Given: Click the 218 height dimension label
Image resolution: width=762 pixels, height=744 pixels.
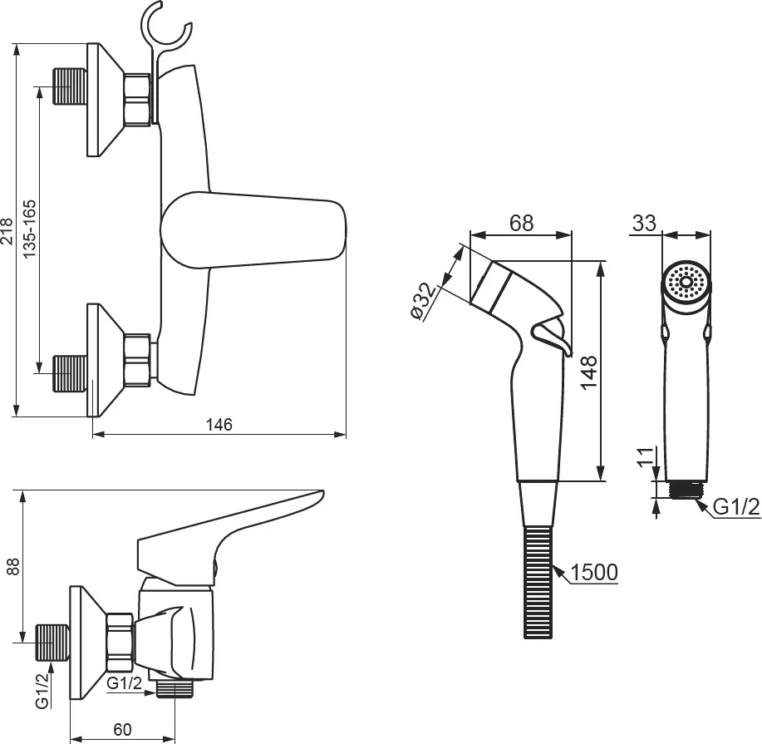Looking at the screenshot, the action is coord(7,231).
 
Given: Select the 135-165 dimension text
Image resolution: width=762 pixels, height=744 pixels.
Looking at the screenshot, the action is coord(29,229).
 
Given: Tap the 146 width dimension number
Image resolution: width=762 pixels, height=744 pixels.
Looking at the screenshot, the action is coord(219,425).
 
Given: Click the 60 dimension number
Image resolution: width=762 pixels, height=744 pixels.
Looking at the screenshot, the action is coord(122,729).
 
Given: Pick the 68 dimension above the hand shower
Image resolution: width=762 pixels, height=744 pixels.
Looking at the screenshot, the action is coord(522,223).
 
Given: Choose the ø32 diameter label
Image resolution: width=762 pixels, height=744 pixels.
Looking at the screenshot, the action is coord(424,302).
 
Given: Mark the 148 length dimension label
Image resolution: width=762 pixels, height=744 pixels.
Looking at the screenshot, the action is coord(588,372).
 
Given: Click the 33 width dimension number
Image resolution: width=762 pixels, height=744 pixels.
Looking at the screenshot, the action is coord(644,223).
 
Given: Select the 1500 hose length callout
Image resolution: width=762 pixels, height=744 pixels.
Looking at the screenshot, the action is coord(593,573).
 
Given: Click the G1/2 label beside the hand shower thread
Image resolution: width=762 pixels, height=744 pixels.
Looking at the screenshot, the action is coord(736,507).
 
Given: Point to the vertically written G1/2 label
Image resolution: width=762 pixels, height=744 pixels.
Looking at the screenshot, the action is coord(42,691).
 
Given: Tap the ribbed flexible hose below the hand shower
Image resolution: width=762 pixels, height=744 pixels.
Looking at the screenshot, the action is coord(538,582).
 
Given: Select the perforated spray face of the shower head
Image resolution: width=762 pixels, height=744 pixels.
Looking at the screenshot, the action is coord(686,282).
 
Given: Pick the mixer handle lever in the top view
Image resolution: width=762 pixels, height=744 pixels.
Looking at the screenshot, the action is coord(253,230).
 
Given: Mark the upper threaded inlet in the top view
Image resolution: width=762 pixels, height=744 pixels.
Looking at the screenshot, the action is coord(70,86).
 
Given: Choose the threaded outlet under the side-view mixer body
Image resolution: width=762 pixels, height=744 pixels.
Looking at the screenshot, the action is coord(175,689).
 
